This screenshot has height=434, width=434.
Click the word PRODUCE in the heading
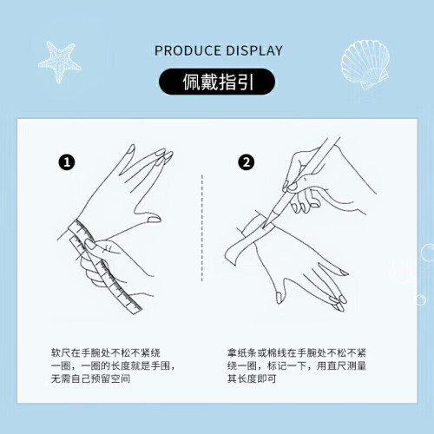tap(187, 51)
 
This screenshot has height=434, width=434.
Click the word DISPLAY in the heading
tap(254, 51)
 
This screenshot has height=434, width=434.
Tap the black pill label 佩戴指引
tap(217, 82)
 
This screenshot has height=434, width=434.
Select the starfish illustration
tap(60, 62)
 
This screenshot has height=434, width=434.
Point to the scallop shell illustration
tap(365, 63)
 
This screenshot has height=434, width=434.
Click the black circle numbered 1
tap(67, 162)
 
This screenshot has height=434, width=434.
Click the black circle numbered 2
tap(247, 162)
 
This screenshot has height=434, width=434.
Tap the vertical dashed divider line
tap(202, 227)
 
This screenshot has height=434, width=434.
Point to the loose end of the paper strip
tap(231, 254)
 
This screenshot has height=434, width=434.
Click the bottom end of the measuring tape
tap(135, 309)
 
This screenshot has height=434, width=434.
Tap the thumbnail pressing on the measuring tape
tap(89, 245)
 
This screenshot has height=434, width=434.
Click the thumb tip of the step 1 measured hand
tap(155, 219)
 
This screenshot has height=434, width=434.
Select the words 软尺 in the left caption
tap(61, 353)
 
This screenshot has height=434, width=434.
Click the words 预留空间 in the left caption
tap(110, 378)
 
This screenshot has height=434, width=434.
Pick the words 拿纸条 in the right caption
tap(242, 353)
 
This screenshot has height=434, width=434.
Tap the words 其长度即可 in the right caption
tap(252, 378)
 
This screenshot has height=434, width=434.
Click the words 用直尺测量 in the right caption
tap(341, 365)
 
